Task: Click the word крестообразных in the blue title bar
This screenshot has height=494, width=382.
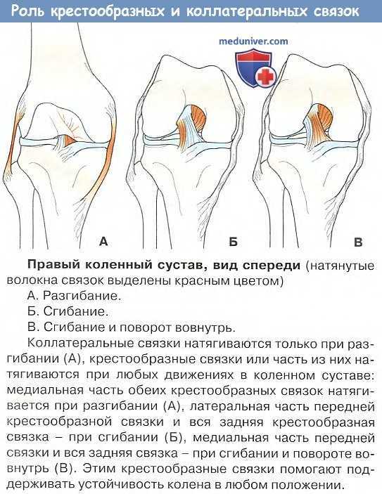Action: tap(107, 12)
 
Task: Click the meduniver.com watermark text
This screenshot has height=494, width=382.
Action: tap(253, 41)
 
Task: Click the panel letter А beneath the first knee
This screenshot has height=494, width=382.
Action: tap(103, 241)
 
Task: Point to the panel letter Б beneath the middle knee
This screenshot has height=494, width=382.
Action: tap(233, 242)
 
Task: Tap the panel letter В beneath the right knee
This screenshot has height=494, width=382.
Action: tap(358, 242)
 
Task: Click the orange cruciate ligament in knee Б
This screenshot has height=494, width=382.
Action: tap(198, 119)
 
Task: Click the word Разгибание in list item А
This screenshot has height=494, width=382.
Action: tap(82, 297)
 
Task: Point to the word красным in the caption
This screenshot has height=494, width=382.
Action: tap(196, 281)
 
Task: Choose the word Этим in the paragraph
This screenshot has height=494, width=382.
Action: tap(98, 469)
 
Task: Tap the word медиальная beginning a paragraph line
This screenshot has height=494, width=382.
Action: tap(45, 390)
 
